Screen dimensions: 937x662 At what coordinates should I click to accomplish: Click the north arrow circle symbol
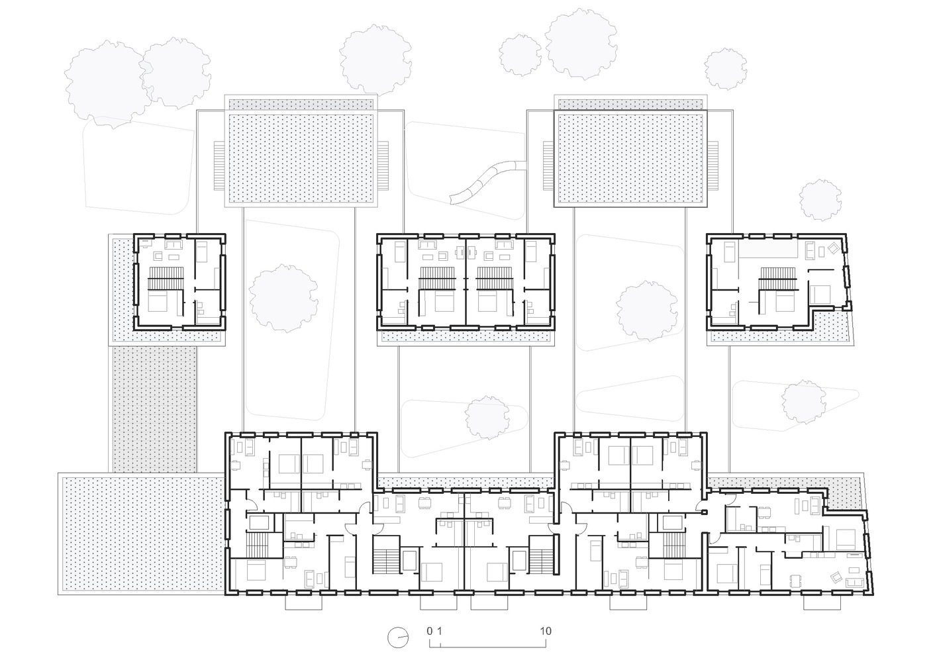398,638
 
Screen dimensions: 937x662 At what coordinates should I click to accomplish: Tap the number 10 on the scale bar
546,631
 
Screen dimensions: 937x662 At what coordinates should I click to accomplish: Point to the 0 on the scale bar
429,631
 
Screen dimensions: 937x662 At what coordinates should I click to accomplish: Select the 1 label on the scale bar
439,631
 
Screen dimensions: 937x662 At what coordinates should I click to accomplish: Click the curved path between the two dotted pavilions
487,182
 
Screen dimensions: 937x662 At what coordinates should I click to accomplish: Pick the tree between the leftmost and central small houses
283,298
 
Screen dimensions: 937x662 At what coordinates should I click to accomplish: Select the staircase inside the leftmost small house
166,277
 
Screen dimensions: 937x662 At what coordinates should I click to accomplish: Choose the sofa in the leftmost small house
173,245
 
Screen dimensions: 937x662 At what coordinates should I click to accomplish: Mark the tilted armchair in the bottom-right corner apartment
836,577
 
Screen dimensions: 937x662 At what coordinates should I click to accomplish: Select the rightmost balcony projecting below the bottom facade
822,602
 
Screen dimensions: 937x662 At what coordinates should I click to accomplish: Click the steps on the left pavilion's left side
219,165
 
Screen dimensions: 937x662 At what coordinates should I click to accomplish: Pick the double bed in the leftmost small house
158,301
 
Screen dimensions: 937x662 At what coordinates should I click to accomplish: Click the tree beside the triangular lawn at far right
803,402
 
